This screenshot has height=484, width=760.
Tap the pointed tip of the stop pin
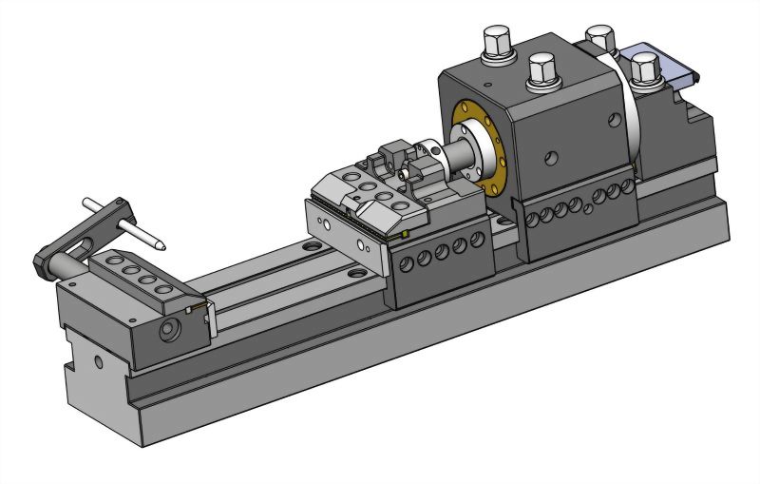(162, 244)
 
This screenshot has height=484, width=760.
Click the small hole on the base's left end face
(98, 362)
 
